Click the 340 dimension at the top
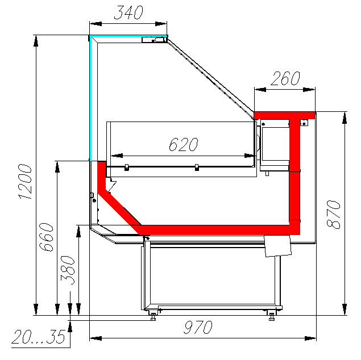[x=128, y=12]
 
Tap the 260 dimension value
[x=285, y=78]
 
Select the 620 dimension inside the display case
[x=184, y=144]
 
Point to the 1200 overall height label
[x=26, y=181]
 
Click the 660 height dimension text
[x=46, y=237]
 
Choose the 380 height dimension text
[x=68, y=270]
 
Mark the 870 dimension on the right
[x=334, y=215]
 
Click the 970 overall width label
[x=198, y=327]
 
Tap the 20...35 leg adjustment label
[x=39, y=337]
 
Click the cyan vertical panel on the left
[x=90, y=99]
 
